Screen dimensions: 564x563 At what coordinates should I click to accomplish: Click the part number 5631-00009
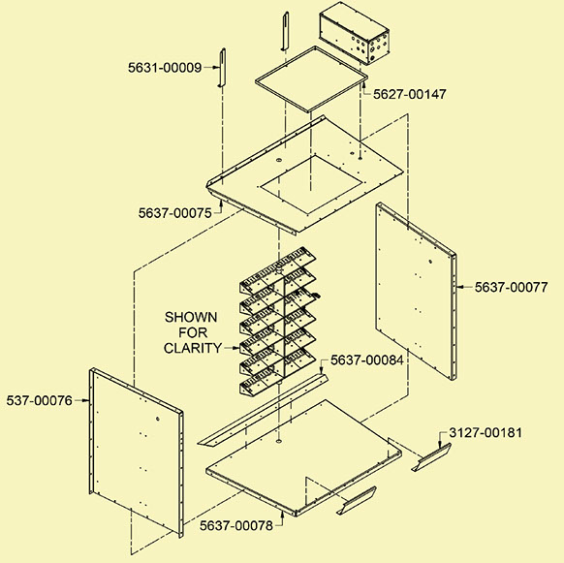tap(165, 68)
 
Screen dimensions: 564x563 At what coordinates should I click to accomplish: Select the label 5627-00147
tap(410, 94)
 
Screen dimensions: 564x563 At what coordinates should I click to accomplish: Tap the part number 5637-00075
tap(175, 213)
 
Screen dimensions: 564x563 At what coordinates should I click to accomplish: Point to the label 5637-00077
tap(511, 287)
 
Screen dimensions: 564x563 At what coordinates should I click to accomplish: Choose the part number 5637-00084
tap(367, 360)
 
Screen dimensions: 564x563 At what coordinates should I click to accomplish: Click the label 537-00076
tap(39, 400)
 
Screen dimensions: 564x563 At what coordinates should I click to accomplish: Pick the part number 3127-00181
tap(486, 433)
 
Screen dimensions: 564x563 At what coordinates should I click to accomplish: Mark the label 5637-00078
tap(236, 525)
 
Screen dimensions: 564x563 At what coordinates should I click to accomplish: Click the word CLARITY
tap(193, 348)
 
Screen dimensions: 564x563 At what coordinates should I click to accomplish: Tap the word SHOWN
tap(191, 317)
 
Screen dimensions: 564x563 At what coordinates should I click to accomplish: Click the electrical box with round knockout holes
tap(355, 33)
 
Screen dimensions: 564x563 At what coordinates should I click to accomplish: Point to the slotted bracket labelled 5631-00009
tap(222, 68)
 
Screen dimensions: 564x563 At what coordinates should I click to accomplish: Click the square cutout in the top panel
tap(311, 184)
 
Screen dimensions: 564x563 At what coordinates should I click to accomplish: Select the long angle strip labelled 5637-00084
tap(263, 410)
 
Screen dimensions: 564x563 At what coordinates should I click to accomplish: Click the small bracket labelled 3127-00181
tap(431, 457)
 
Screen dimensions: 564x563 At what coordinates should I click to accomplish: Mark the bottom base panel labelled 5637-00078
tap(305, 455)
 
